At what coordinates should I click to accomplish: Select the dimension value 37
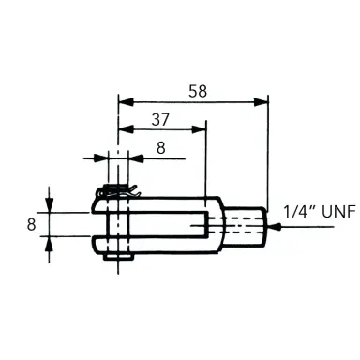161,120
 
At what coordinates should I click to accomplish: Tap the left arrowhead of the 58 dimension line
124,99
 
